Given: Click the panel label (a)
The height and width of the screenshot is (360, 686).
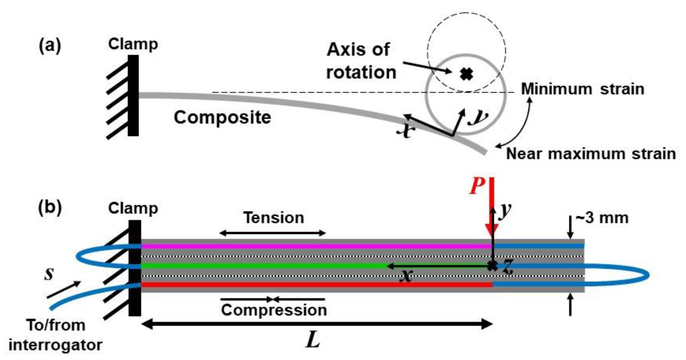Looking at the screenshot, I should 50,46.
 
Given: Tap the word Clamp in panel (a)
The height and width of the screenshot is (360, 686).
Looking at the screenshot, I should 133,44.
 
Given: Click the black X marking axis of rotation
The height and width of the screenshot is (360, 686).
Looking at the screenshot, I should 466,74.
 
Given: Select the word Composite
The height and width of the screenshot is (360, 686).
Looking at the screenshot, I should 222,117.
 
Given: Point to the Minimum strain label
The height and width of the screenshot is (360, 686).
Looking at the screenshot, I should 582,89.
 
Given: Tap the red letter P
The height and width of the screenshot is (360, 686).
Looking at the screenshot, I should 477,186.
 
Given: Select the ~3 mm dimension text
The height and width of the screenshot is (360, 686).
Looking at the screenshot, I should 602,218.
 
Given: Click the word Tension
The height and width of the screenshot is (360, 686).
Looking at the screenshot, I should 274,218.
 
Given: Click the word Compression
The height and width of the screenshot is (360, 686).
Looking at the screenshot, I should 274,310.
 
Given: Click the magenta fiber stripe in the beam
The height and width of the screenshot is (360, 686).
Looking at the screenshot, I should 314,247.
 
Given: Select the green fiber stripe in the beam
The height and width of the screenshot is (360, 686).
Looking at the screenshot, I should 261,266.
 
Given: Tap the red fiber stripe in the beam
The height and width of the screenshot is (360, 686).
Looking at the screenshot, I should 314,285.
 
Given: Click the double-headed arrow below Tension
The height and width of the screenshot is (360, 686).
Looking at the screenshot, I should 273,233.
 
